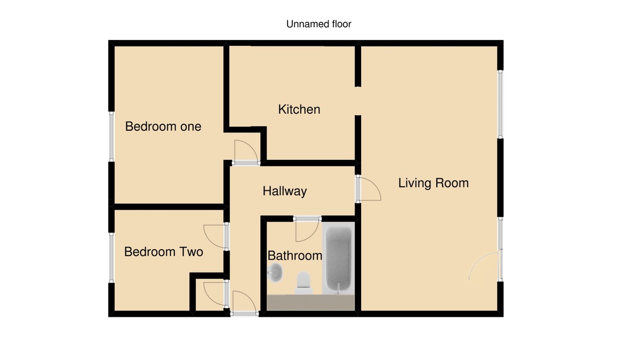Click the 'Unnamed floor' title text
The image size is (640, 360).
pos(319,24)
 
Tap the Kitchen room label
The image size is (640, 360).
pos(299,109)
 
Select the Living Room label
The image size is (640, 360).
pos(433,183)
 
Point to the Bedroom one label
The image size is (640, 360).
pos(163,126)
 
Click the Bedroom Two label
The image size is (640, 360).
pos(163,251)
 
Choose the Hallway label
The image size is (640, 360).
pos(284,191)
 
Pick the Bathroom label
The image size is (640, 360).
pos(294,255)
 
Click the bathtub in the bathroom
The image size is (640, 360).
pos(339,258)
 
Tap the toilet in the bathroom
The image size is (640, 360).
pos(303,283)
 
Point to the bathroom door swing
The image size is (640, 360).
pos(306,229)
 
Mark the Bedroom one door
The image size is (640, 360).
pos(245,151)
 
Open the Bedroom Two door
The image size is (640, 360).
pos(214,237)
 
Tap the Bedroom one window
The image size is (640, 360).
pos(111,137)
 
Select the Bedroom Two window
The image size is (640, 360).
pos(111,258)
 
